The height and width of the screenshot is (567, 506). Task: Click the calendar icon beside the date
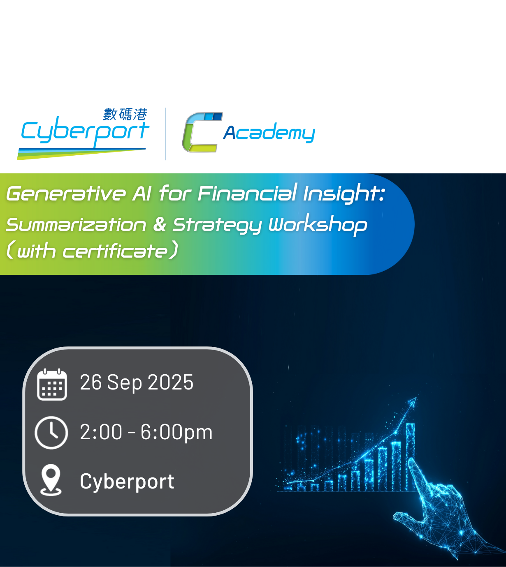point(52,384)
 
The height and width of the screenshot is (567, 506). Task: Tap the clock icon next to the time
point(51,433)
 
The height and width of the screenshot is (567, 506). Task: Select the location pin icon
point(51,480)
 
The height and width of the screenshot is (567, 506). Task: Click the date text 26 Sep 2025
point(137,382)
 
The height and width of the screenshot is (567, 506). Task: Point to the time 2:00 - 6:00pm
point(146,432)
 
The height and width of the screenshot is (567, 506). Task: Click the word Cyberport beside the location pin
point(127,482)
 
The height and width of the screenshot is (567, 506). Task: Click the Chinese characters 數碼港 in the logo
point(125,115)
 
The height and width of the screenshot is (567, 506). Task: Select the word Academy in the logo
point(269,133)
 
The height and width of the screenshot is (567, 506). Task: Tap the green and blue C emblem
point(202,132)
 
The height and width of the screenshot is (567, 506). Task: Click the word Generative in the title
point(66,194)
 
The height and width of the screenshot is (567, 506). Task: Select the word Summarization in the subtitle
point(76,225)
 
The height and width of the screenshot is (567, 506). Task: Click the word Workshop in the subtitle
point(318,225)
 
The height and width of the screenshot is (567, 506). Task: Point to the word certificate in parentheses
point(115,251)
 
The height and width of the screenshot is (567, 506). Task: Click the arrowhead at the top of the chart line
point(413,401)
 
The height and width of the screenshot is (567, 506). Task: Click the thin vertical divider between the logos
point(166,134)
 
